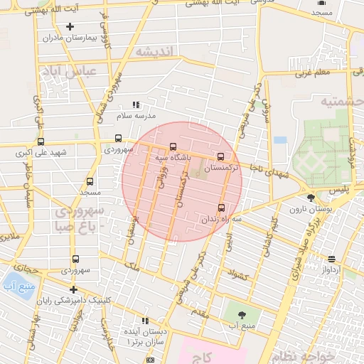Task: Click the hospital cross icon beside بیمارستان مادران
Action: pyautogui.click(x=70, y=27)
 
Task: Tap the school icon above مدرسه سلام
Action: pyautogui.click(x=136, y=105)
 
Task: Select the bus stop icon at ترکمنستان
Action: pyautogui.click(x=220, y=157)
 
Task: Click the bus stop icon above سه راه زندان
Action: pyautogui.click(x=221, y=208)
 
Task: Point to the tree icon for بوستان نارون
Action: pyautogui.click(x=310, y=198)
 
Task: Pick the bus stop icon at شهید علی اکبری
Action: pyautogui.click(x=41, y=141)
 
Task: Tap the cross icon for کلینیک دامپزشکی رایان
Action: pyautogui.click(x=73, y=289)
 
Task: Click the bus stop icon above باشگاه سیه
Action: pyautogui.click(x=173, y=146)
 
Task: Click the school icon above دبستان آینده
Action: pyautogui.click(x=146, y=321)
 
